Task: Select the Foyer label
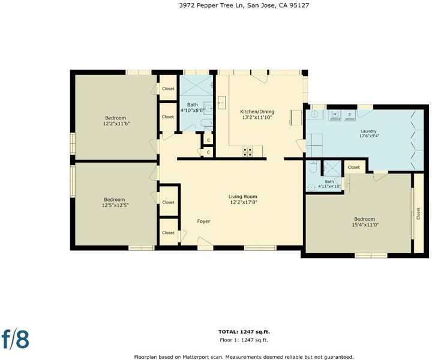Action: pyautogui.click(x=203, y=221)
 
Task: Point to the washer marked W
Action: pyautogui.click(x=335, y=115)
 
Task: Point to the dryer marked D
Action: pyautogui.click(x=350, y=115)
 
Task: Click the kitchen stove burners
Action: pyautogui.click(x=247, y=152)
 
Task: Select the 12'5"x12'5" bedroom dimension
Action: pyautogui.click(x=115, y=205)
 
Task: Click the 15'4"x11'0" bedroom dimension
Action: pyautogui.click(x=365, y=225)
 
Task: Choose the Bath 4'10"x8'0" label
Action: pyautogui.click(x=193, y=107)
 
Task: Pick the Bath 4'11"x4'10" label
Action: pyautogui.click(x=329, y=184)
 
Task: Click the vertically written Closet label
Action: pyautogui.click(x=418, y=214)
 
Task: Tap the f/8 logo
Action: pyautogui.click(x=16, y=338)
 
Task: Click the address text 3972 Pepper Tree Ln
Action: pyautogui.click(x=211, y=5)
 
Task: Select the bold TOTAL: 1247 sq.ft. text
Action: pyautogui.click(x=244, y=332)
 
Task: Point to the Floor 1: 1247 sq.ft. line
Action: pyautogui.click(x=244, y=340)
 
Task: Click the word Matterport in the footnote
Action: pyautogui.click(x=196, y=357)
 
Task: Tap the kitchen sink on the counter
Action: pyautogui.click(x=222, y=103)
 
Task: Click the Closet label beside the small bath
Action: pyautogui.click(x=354, y=167)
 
